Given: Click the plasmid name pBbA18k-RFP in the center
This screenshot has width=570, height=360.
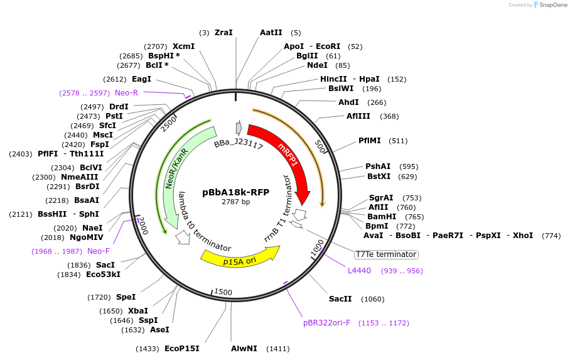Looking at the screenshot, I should pos(235,192).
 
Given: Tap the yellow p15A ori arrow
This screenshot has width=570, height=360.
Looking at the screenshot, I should pos(239,255).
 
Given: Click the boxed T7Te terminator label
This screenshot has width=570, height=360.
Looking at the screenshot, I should pos(385,254).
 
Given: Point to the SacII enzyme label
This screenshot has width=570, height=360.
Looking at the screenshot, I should pos(340,299).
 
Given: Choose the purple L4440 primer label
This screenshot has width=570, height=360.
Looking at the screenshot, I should pos(359,271).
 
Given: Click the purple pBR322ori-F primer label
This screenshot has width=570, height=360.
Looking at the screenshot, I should pos(326,323).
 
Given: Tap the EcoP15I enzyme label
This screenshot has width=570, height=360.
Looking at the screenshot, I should pos(181,348).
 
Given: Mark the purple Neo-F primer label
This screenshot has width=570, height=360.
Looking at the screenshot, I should pos(99,251).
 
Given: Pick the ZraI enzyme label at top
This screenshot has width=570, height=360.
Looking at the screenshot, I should pos(223,33).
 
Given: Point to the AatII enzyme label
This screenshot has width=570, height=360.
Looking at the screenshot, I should pos(271,33).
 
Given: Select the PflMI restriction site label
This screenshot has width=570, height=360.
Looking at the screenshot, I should pos(370,141).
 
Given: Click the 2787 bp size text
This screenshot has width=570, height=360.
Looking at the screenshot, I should pos(235,202).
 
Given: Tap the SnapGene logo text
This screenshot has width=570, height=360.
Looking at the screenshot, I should pos(551,5).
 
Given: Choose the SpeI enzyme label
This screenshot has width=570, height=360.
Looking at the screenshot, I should pos(126,297).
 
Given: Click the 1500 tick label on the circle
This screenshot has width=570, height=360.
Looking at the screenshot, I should pos(223,292).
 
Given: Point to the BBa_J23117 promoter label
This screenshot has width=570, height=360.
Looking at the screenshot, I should pos(238,145).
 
